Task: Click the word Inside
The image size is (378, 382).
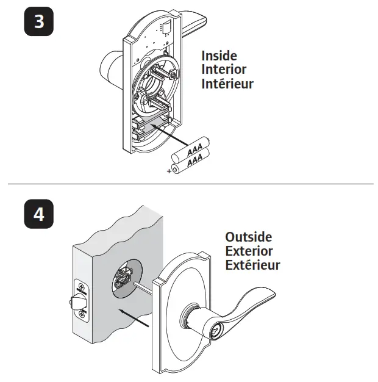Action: click(x=219, y=56)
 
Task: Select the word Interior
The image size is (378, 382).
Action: click(x=224, y=70)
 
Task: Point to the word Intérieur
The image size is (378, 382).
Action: click(x=227, y=84)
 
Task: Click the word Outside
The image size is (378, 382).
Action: click(x=248, y=237)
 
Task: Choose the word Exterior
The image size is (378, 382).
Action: click(x=249, y=251)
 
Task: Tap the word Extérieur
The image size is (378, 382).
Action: click(x=252, y=265)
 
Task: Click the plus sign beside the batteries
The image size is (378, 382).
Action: click(x=169, y=171)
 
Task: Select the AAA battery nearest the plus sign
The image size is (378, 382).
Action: click(x=190, y=162)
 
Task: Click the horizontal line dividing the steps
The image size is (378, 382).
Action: click(x=189, y=184)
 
